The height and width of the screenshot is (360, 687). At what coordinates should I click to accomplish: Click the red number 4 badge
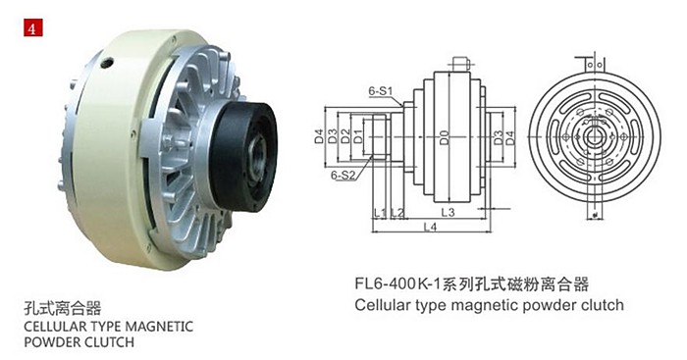coord(33,27)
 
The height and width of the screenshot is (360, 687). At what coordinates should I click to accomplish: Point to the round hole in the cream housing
coord(107,63)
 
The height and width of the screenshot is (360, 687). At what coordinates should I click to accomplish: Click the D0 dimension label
coord(445,137)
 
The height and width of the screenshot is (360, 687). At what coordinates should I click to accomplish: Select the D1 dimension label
coord(358,136)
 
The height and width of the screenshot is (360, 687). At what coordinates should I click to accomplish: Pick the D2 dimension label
coord(345,136)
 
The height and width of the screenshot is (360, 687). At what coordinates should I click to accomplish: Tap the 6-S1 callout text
coord(381,91)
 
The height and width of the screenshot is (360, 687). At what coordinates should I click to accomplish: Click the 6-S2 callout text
coord(343,176)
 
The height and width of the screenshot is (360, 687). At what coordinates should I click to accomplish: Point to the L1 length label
coord(380,213)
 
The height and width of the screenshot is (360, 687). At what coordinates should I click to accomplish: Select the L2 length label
coord(396,213)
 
